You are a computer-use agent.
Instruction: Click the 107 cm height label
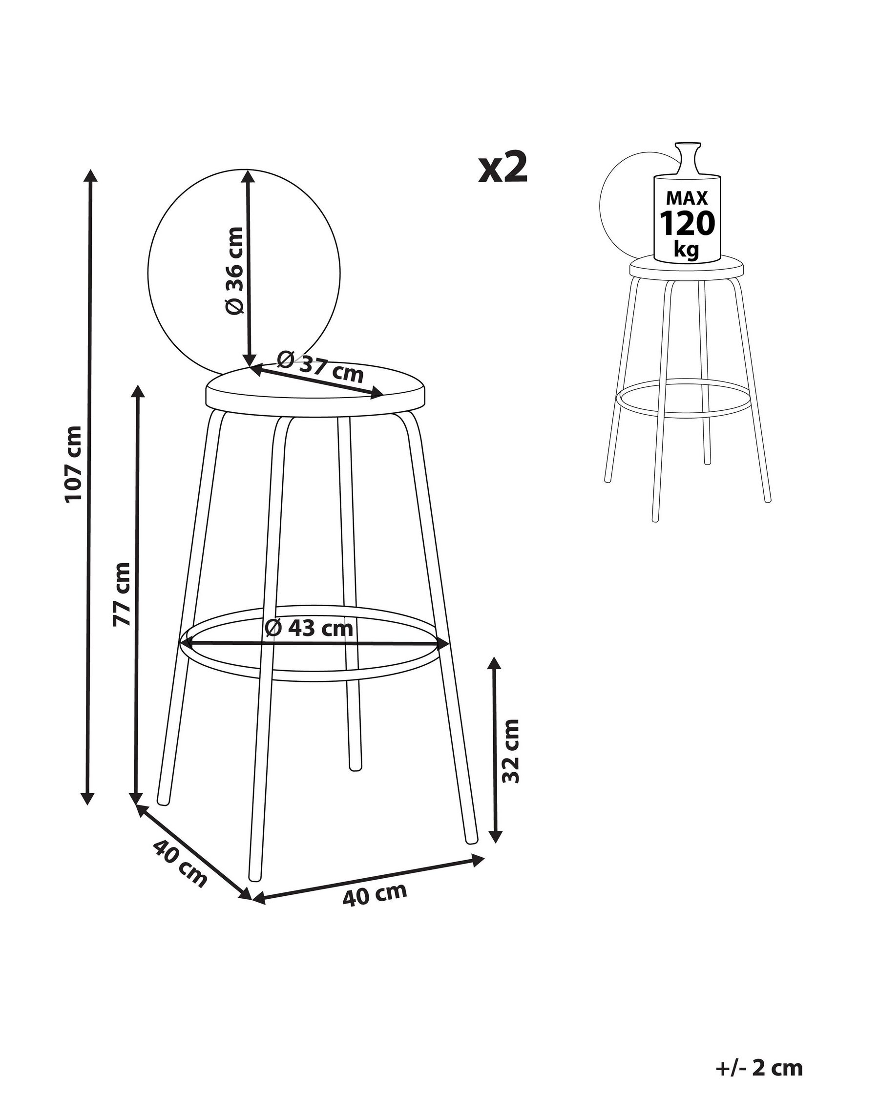(x=73, y=465)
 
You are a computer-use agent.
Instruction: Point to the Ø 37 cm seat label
(x=320, y=366)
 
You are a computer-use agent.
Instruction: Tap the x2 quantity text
(x=502, y=168)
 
